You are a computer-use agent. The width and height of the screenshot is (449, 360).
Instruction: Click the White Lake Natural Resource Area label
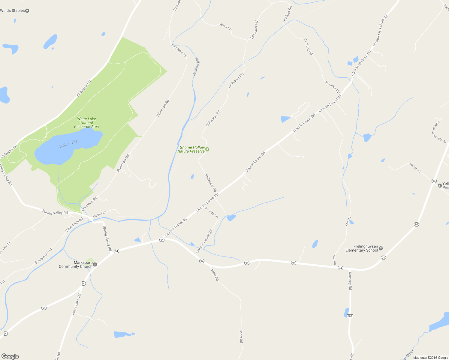coord(86,123)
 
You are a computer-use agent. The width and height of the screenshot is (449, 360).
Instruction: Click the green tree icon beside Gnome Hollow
coord(207,149)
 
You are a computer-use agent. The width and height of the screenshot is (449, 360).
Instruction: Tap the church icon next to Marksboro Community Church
coord(95,264)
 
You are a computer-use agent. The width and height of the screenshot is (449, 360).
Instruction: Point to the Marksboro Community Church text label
coord(76,264)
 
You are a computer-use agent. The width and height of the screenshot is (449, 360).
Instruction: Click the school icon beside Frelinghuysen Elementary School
coord(381,248)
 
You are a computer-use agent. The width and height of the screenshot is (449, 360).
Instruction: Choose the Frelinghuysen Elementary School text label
coord(362,248)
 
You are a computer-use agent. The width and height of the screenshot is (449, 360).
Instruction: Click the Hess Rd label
coord(225,27)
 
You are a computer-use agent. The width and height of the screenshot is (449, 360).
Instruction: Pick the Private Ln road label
coord(211,212)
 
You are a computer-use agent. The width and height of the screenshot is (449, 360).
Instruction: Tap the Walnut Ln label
coord(100,214)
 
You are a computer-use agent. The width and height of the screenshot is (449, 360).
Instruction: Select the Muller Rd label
coord(415,167)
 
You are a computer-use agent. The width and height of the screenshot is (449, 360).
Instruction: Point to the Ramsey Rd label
coord(350,281)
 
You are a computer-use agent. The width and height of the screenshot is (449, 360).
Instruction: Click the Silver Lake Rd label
coord(76,304)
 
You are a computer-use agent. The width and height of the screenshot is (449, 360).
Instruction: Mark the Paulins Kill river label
coord(196,67)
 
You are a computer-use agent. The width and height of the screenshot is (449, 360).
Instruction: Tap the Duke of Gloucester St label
coord(439,132)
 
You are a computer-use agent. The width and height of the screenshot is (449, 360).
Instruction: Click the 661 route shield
coord(350,316)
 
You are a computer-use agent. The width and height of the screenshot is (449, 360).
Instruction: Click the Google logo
coord(10,356)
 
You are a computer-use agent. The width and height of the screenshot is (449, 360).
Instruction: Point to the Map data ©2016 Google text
coord(430,358)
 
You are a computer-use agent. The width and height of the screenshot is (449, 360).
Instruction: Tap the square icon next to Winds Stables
coord(27,11)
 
